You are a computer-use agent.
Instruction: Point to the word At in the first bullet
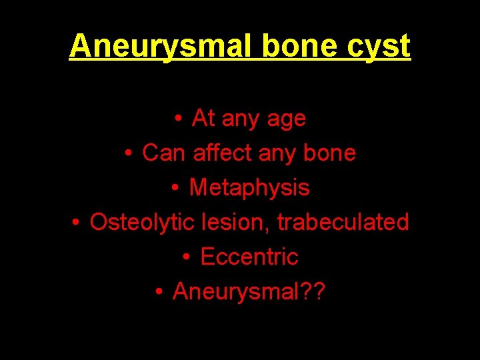click(203, 118)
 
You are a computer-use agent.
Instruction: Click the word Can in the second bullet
click(165, 153)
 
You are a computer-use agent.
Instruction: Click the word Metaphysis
click(249, 188)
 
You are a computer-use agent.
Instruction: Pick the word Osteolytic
click(142, 222)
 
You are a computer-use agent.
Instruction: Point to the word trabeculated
click(343, 222)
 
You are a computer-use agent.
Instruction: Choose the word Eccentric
click(249, 257)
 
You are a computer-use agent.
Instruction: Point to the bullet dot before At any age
click(178, 119)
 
